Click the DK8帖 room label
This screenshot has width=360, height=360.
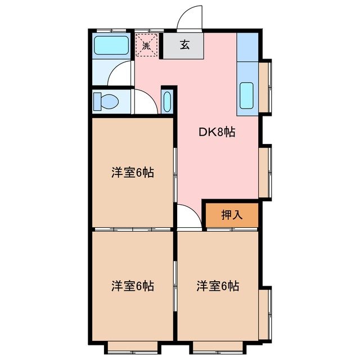(x=217, y=133)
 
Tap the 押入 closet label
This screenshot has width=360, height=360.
(x=231, y=215)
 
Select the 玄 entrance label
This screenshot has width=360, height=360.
(x=184, y=46)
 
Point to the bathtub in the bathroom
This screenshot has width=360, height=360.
(x=111, y=45)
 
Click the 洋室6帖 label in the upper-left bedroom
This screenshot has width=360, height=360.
(x=132, y=173)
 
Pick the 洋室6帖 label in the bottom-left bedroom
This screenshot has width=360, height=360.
(x=132, y=286)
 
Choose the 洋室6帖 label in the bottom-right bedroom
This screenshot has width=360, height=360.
(x=218, y=286)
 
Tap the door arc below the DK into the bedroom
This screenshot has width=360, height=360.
(x=187, y=217)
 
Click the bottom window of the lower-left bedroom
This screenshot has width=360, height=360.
(x=132, y=345)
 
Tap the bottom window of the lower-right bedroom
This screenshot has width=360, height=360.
(x=218, y=345)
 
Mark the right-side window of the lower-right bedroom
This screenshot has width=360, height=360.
(x=265, y=314)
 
